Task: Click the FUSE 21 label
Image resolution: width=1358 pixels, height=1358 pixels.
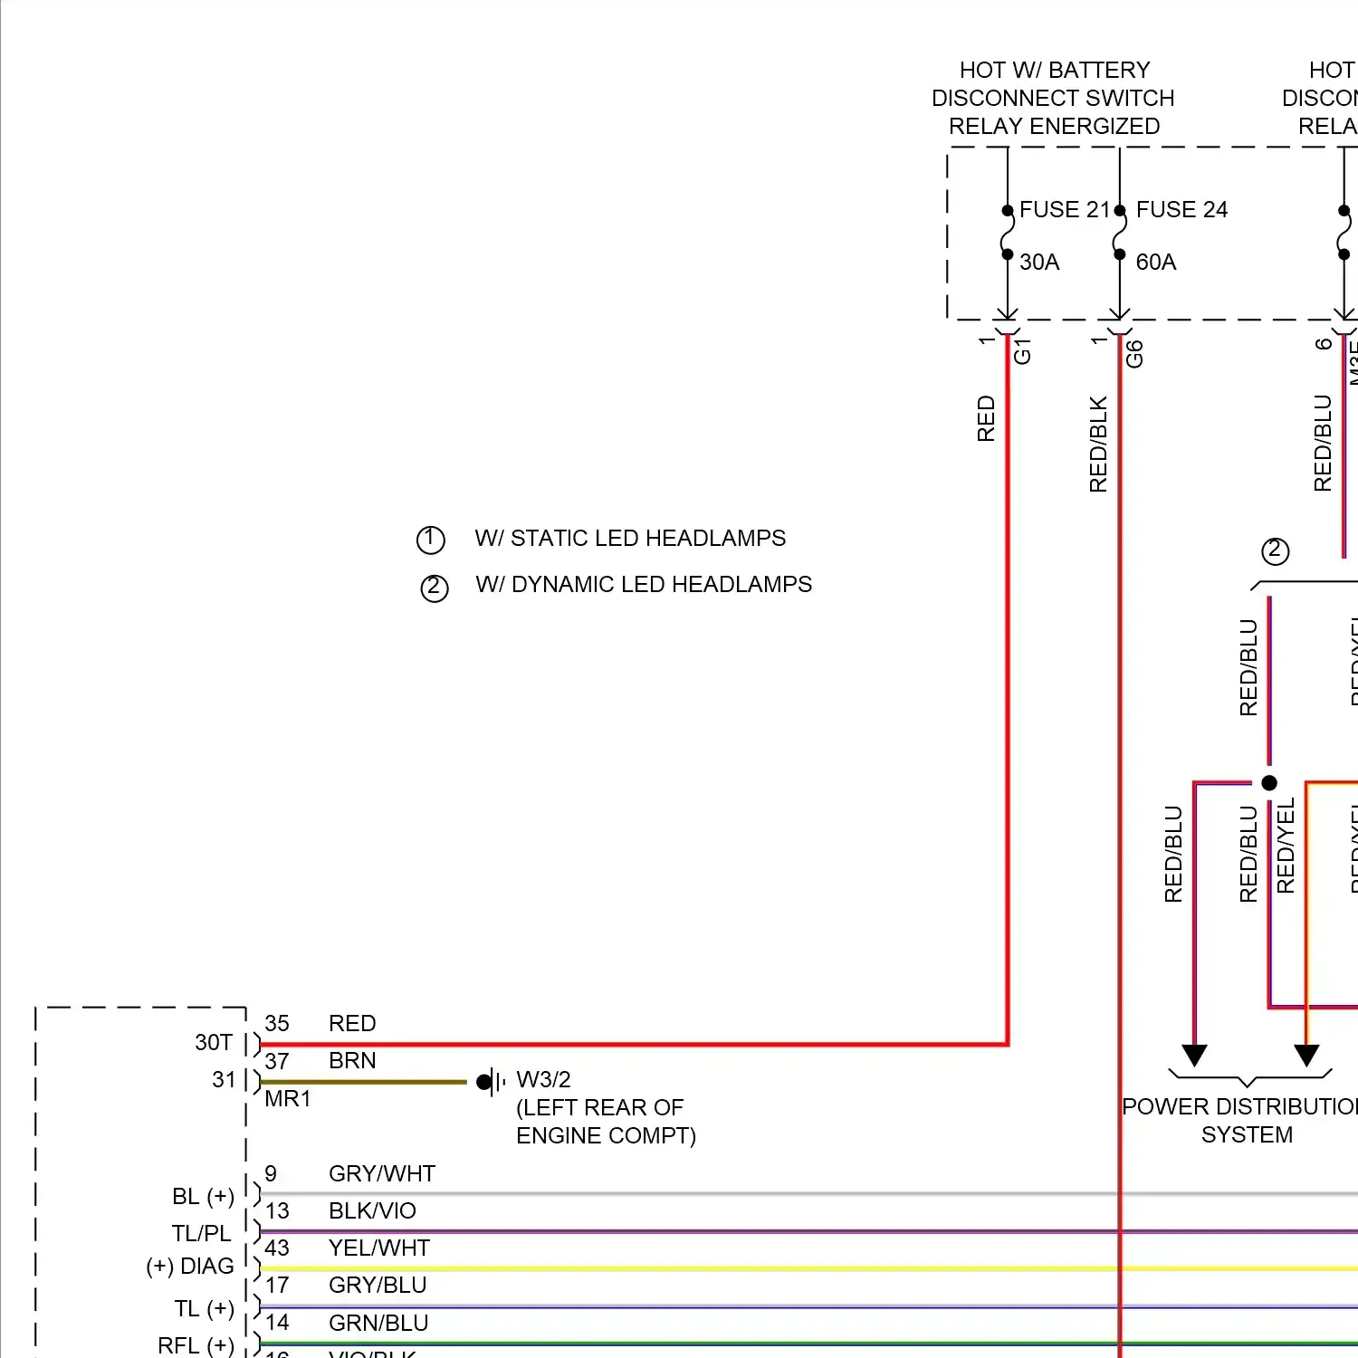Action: tap(1064, 209)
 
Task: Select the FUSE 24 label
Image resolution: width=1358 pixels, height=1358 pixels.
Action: tap(1181, 209)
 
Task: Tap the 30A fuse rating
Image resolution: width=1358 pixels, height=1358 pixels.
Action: tap(1039, 262)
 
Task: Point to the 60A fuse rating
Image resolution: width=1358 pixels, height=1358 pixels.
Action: tap(1156, 262)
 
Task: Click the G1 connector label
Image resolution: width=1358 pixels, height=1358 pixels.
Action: tap(1022, 351)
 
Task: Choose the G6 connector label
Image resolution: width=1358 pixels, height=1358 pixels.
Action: tap(1134, 354)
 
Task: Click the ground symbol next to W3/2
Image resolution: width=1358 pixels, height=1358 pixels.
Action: tap(490, 1081)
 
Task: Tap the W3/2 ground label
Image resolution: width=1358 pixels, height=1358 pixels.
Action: tap(543, 1079)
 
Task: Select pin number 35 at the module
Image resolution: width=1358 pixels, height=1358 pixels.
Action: tap(277, 1023)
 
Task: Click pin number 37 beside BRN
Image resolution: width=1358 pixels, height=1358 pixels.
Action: tap(277, 1060)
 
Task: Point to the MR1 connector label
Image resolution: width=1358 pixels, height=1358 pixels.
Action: tap(288, 1098)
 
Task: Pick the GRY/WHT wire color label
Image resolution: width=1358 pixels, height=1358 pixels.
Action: tap(382, 1173)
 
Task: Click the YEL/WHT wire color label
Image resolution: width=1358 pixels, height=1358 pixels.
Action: tap(379, 1248)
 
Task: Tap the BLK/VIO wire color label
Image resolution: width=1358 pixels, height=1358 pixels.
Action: tap(372, 1210)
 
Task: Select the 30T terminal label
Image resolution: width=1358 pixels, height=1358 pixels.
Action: tap(214, 1042)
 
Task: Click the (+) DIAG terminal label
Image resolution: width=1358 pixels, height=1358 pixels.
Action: tap(190, 1266)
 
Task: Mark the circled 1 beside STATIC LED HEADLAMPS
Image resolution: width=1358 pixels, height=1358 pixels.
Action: tap(430, 540)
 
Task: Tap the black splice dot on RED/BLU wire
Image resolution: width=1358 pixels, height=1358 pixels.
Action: tap(1269, 782)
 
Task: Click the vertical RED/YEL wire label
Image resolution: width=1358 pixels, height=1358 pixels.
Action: tap(1286, 846)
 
